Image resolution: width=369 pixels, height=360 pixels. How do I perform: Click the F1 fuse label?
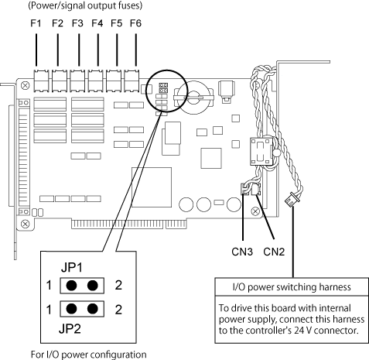[x=36, y=23]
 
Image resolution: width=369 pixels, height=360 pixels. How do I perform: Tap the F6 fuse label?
[x=135, y=23]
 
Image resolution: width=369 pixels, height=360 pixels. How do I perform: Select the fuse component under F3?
[x=77, y=81]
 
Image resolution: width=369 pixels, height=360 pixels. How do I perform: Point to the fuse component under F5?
[x=114, y=81]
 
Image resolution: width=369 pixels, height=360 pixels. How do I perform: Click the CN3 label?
[x=242, y=252]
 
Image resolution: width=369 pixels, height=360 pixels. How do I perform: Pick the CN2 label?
[x=274, y=252]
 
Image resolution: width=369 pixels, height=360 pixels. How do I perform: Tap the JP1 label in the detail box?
[x=72, y=268]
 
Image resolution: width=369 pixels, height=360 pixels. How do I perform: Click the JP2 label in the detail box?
[x=70, y=329]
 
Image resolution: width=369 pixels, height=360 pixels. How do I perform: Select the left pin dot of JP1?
[x=71, y=286]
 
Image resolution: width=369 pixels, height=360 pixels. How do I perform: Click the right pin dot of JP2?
[x=93, y=309]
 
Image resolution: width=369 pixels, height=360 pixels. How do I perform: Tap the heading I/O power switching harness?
[x=292, y=287]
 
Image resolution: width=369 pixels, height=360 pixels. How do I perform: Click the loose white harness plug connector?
[x=292, y=200]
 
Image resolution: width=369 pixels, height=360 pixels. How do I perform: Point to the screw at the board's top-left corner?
[x=25, y=85]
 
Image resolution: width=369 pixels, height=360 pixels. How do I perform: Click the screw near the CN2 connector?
[x=255, y=211]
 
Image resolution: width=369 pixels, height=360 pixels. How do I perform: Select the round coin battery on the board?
[x=195, y=98]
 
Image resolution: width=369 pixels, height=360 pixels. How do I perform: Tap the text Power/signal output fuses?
[x=85, y=5]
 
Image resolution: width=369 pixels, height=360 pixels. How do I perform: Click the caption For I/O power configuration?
[x=88, y=355]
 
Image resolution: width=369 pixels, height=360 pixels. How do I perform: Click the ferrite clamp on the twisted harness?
[x=261, y=152]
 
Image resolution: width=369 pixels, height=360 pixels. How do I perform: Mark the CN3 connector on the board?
[x=245, y=189]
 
